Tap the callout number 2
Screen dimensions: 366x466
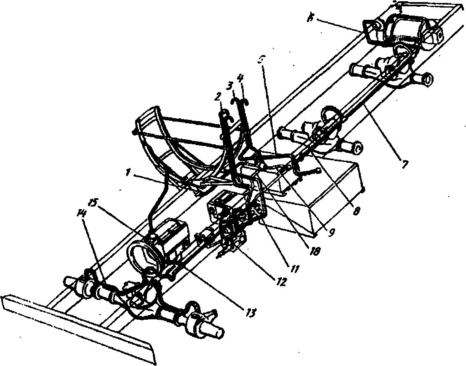(217, 96)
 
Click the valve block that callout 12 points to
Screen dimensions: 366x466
(232, 242)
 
